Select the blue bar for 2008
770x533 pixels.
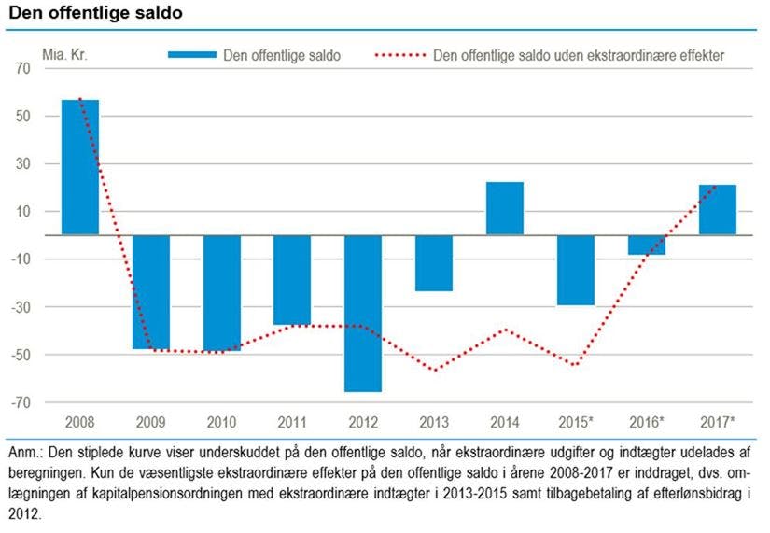click(79, 167)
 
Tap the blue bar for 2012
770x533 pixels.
click(362, 313)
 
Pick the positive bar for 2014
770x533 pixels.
click(505, 208)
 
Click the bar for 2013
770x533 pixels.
click(433, 262)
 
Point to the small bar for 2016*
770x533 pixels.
click(646, 245)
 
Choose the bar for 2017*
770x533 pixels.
click(717, 210)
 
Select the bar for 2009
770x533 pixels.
click(150, 291)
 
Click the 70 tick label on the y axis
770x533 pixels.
click(23, 69)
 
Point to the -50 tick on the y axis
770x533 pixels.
click(21, 355)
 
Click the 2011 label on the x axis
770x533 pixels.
click(291, 422)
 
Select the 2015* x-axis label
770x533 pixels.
click(577, 422)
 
